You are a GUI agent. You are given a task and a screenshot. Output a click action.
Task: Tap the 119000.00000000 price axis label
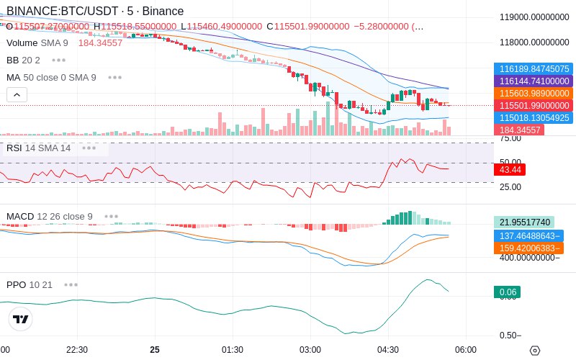click(534, 17)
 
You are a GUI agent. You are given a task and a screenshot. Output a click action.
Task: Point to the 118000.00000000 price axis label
click(534, 42)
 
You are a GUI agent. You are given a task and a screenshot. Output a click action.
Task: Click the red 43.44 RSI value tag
click(510, 170)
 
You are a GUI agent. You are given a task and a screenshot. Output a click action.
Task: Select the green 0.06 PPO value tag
click(507, 292)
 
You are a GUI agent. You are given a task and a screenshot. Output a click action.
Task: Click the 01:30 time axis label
click(232, 350)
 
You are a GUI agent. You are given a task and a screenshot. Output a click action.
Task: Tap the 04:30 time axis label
click(387, 350)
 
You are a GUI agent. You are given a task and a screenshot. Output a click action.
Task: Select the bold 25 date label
click(155, 350)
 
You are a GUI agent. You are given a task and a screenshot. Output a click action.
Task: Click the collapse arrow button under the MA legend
click(17, 94)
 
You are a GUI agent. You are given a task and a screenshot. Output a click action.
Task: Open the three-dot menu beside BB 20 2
click(58, 60)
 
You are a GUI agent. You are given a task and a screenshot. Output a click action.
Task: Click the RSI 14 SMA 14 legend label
click(38, 148)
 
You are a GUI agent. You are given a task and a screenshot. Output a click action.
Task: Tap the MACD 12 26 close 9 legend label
click(49, 216)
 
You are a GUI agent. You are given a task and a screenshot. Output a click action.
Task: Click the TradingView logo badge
click(21, 319)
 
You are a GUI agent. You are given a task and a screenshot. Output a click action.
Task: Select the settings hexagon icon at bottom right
click(534, 351)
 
